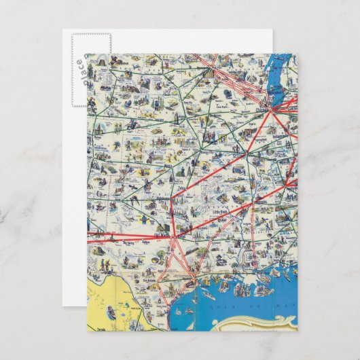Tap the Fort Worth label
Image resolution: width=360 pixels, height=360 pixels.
[x=168, y=237]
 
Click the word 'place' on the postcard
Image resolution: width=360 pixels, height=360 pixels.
[x=80, y=71]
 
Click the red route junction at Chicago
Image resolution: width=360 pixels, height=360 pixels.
[x=274, y=107]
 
